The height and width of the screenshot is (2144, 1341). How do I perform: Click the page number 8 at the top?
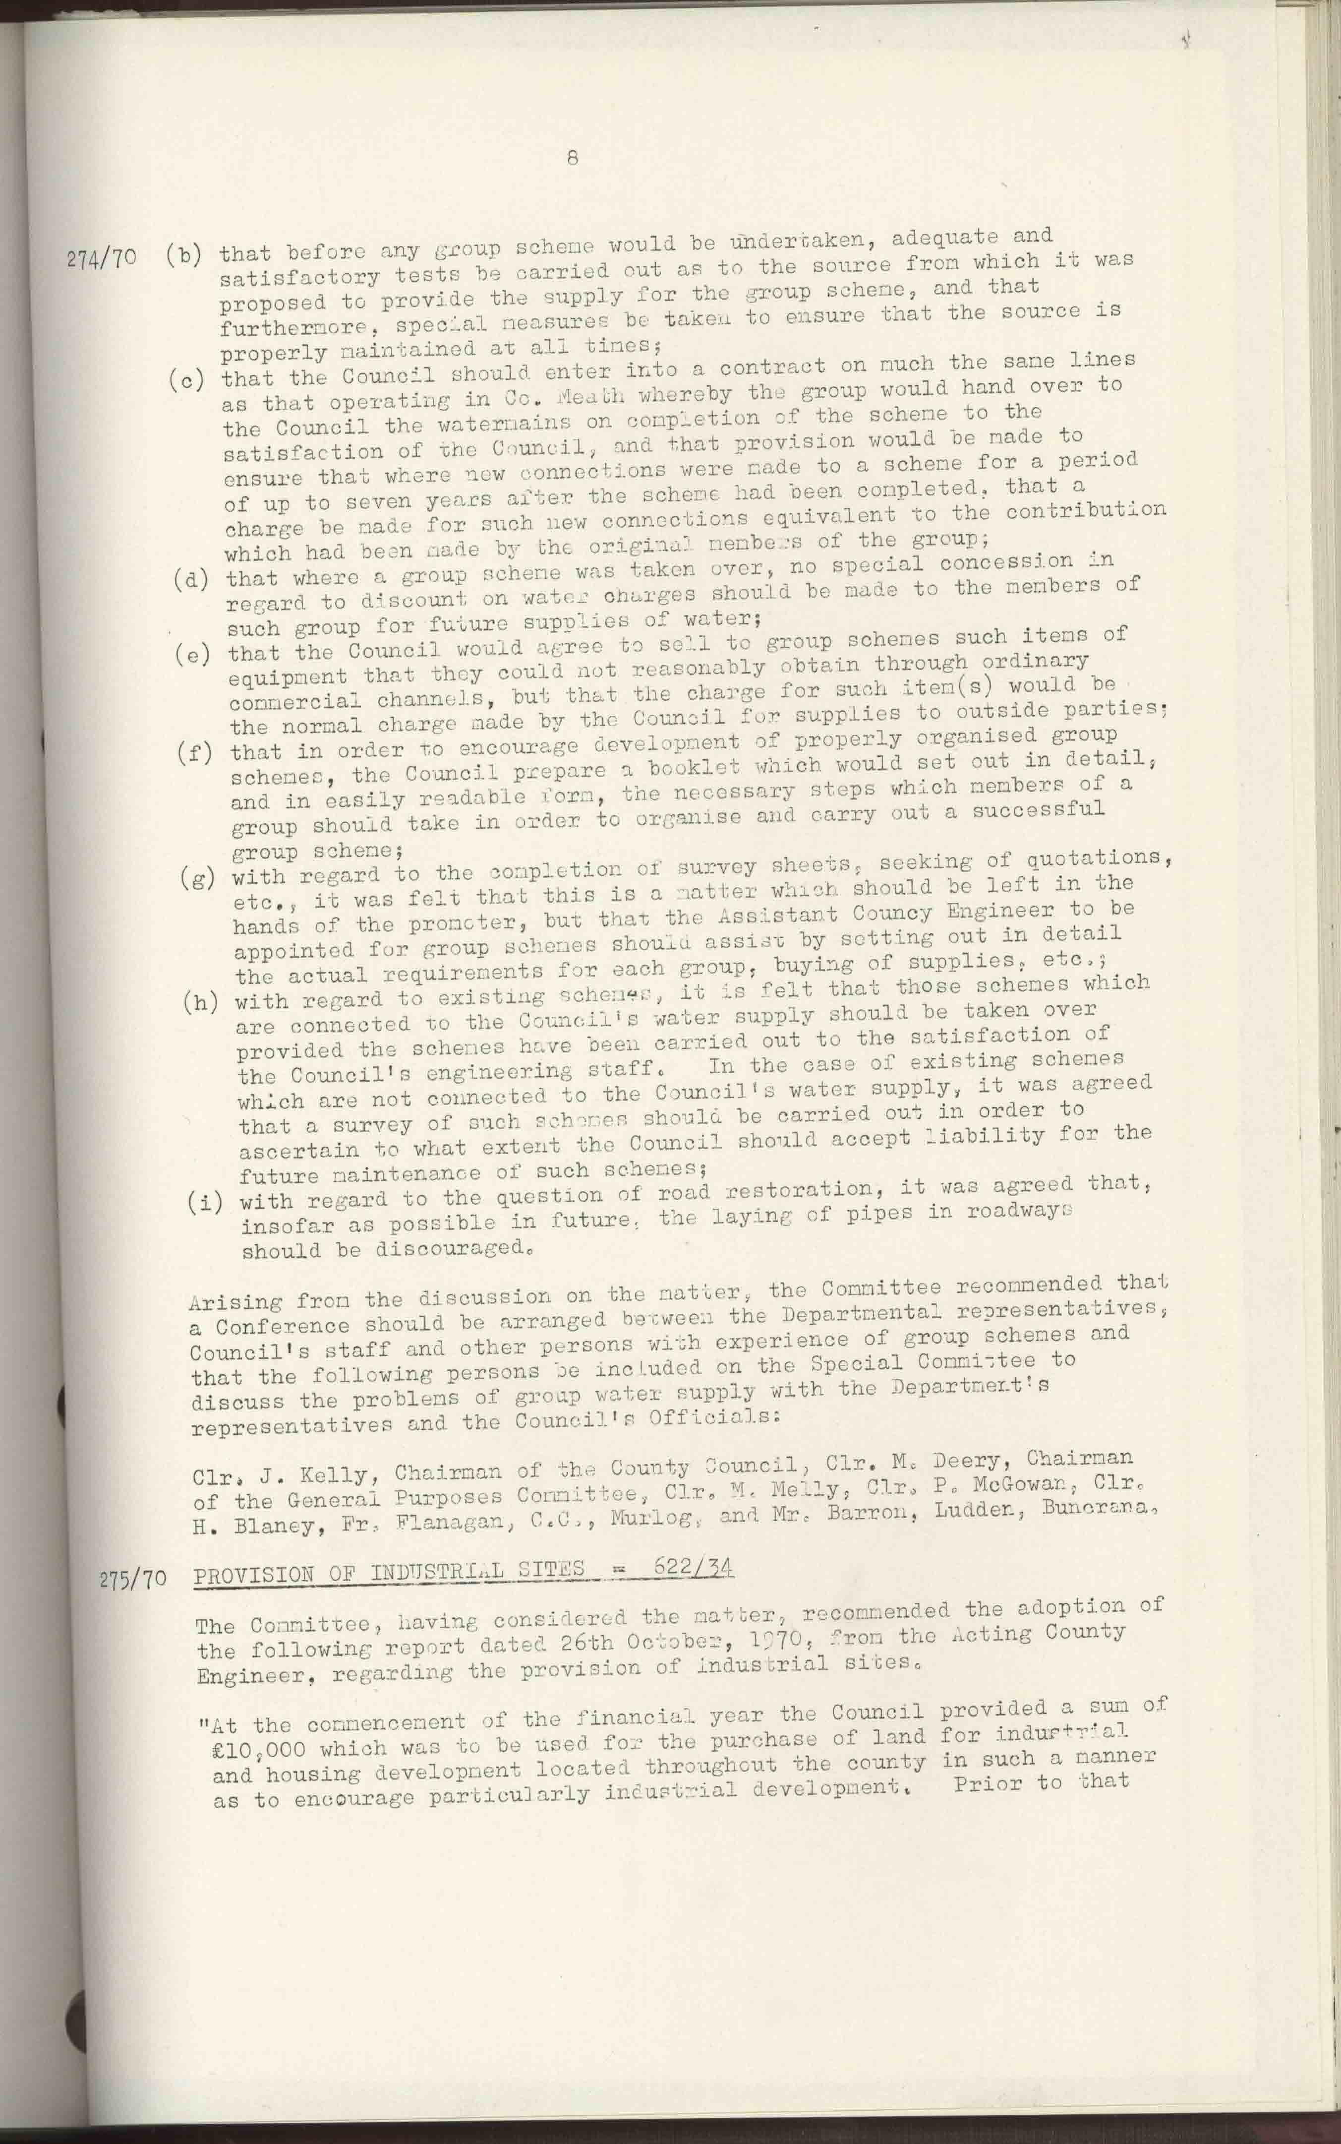572,158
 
